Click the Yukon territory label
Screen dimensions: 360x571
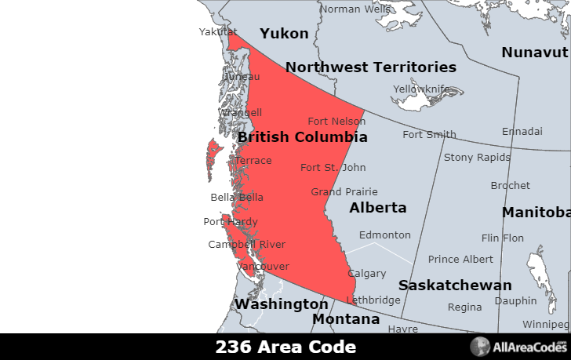click(284, 34)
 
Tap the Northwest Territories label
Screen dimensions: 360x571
click(370, 67)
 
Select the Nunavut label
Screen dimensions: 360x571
click(534, 53)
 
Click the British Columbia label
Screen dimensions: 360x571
click(302, 137)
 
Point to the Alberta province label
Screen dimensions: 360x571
click(378, 208)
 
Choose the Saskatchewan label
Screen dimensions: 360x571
click(455, 285)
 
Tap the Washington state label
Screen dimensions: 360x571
click(282, 304)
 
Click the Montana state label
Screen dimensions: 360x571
click(346, 319)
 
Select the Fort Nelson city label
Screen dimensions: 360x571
click(336, 121)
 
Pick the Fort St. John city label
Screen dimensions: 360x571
click(333, 167)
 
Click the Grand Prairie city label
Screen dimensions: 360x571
click(344, 191)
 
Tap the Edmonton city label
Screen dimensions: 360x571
click(384, 235)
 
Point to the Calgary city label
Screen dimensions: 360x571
click(367, 274)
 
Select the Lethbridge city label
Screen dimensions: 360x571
click(373, 300)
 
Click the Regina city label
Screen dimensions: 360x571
click(464, 307)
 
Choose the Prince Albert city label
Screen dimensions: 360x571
click(460, 259)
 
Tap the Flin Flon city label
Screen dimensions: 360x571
click(503, 238)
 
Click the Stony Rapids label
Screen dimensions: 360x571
click(477, 157)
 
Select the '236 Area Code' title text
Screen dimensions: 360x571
click(285, 347)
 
